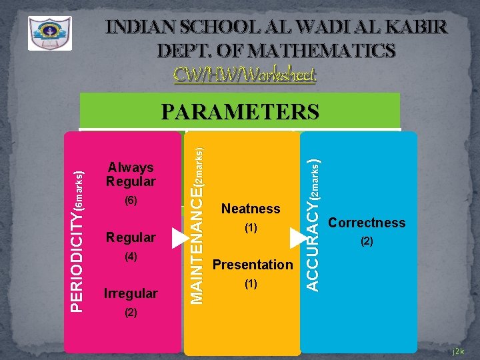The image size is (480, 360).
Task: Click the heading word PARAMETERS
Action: [x=240, y=111]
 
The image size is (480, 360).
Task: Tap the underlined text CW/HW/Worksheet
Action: [x=245, y=73]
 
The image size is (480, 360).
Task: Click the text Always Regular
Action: [x=131, y=175]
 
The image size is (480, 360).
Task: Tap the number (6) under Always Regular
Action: [x=131, y=200]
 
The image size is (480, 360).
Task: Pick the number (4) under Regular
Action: [x=131, y=256]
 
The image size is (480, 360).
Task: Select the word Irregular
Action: [x=131, y=293]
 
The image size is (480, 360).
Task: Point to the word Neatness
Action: [x=251, y=209]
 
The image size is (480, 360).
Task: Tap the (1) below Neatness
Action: [x=251, y=228]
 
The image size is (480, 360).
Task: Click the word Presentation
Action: [x=252, y=265]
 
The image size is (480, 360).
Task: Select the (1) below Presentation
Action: [x=251, y=283]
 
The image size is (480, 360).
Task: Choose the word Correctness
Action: [x=367, y=223]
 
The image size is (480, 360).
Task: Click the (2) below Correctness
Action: [x=367, y=241]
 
